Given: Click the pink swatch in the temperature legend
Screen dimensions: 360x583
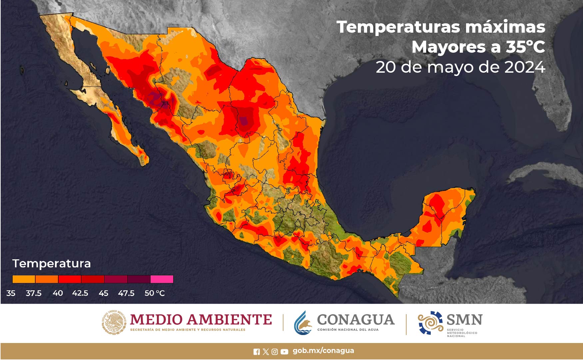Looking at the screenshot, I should pyautogui.click(x=162, y=279).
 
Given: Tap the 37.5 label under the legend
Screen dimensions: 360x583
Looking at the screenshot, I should pyautogui.click(x=34, y=293).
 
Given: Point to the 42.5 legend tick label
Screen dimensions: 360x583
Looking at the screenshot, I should pyautogui.click(x=80, y=293).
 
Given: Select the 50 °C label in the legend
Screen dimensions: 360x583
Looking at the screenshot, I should pyautogui.click(x=155, y=293).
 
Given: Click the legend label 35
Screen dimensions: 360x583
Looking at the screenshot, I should pyautogui.click(x=11, y=293).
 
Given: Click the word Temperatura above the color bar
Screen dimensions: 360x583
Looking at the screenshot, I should pyautogui.click(x=52, y=264).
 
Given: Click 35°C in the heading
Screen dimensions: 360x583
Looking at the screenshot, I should pyautogui.click(x=525, y=47).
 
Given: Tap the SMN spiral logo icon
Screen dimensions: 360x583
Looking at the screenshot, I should pyautogui.click(x=430, y=323).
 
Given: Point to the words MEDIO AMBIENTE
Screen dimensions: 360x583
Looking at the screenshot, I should pyautogui.click(x=201, y=319).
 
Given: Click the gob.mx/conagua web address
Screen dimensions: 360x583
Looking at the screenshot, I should pyautogui.click(x=323, y=351).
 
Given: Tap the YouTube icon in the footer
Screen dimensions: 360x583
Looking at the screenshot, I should pyautogui.click(x=284, y=352).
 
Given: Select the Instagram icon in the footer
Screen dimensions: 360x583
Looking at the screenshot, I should pyautogui.click(x=275, y=352).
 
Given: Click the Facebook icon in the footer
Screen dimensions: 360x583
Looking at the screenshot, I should pyautogui.click(x=257, y=352).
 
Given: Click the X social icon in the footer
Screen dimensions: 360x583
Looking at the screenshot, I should pyautogui.click(x=266, y=352).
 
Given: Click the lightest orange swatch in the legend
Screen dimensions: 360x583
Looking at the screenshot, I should pyautogui.click(x=24, y=279).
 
